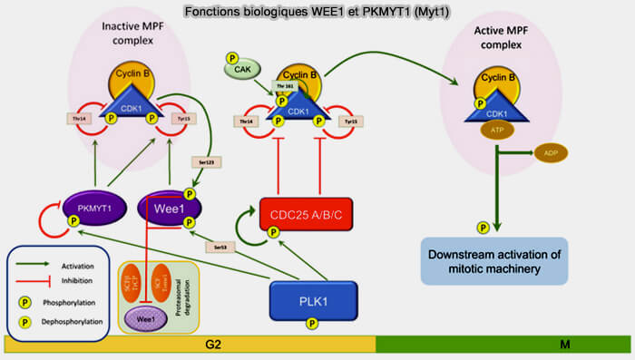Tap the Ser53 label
[x=217, y=247]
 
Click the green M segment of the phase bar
[x=503, y=345]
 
